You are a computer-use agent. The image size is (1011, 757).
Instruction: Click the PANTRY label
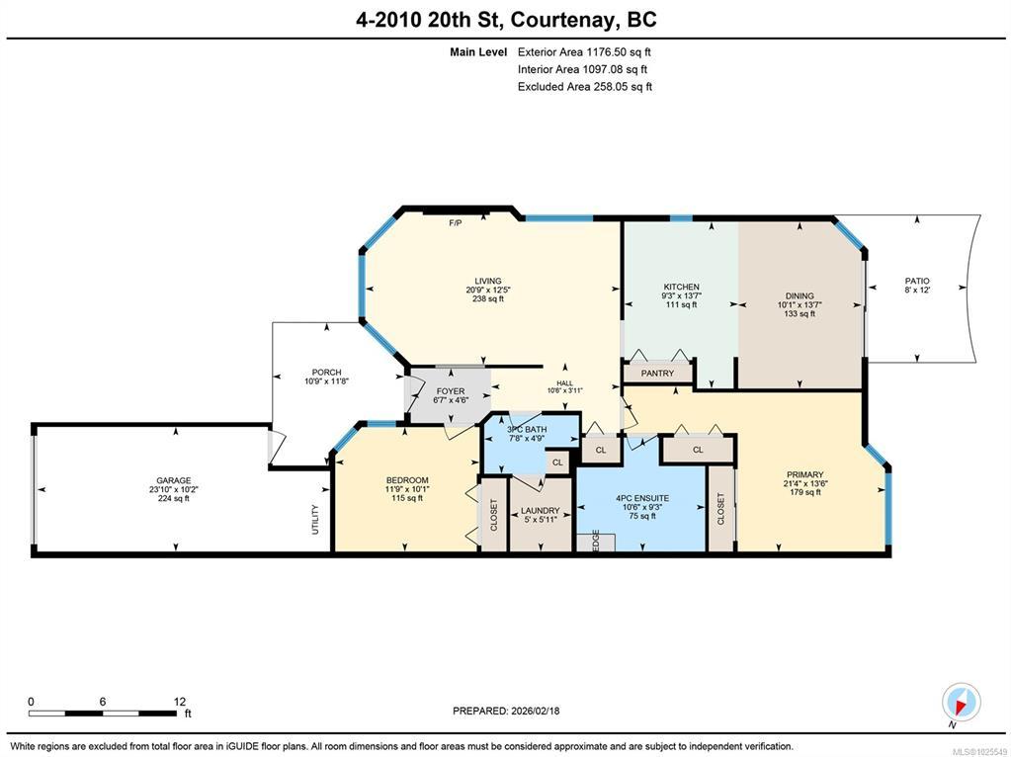(657, 374)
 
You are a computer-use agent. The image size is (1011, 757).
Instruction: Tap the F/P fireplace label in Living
(456, 223)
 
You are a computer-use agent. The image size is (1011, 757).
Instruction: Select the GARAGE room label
(174, 480)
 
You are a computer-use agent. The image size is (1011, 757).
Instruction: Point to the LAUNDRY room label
(540, 511)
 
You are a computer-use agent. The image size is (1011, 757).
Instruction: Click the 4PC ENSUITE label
(642, 498)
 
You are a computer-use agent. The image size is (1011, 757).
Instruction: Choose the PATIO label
(917, 281)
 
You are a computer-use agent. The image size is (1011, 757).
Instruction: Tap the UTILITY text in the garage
(315, 519)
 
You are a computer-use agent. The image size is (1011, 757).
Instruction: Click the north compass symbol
(961, 703)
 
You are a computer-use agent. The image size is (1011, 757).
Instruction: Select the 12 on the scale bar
(179, 702)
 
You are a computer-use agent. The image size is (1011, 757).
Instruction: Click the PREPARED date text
(506, 711)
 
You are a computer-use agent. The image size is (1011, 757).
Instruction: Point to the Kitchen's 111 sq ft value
(682, 304)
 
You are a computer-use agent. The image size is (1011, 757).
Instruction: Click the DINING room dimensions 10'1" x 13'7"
(799, 305)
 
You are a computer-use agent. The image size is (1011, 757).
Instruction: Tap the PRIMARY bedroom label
(804, 474)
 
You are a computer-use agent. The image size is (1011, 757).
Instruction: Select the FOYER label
(450, 391)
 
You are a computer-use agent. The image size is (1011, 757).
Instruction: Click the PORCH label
(326, 372)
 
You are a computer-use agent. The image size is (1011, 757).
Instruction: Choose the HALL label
(565, 383)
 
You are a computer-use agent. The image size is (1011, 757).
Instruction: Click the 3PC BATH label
(527, 430)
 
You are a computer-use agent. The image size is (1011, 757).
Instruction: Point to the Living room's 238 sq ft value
(488, 298)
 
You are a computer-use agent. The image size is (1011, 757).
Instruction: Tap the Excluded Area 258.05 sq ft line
(585, 86)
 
